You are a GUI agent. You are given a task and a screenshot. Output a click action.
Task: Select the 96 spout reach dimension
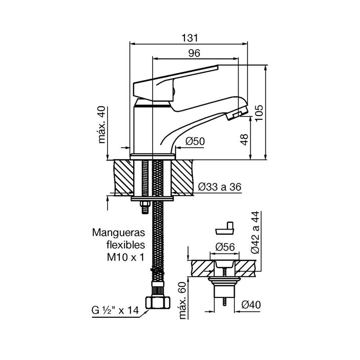pyautogui.click(x=194, y=53)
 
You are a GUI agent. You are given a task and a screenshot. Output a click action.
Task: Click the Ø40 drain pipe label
pyautogui.click(x=251, y=305)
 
